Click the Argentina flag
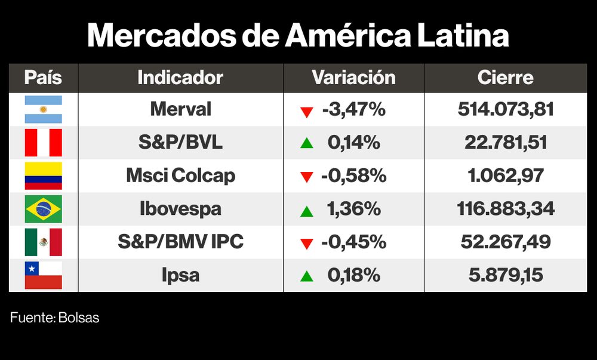(x=43, y=109)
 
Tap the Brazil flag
(x=43, y=209)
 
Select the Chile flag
(x=43, y=275)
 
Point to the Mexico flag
(x=43, y=242)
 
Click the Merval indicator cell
(x=180, y=109)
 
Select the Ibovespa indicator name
(x=180, y=209)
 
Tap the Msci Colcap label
(x=180, y=176)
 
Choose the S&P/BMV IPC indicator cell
(x=180, y=242)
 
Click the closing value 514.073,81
(x=506, y=109)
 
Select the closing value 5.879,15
(x=506, y=275)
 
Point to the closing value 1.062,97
(x=506, y=176)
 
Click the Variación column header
(x=353, y=78)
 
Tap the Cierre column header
(x=506, y=78)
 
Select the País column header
(x=43, y=78)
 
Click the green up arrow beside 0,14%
(x=307, y=143)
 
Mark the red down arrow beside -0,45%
(x=307, y=244)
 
